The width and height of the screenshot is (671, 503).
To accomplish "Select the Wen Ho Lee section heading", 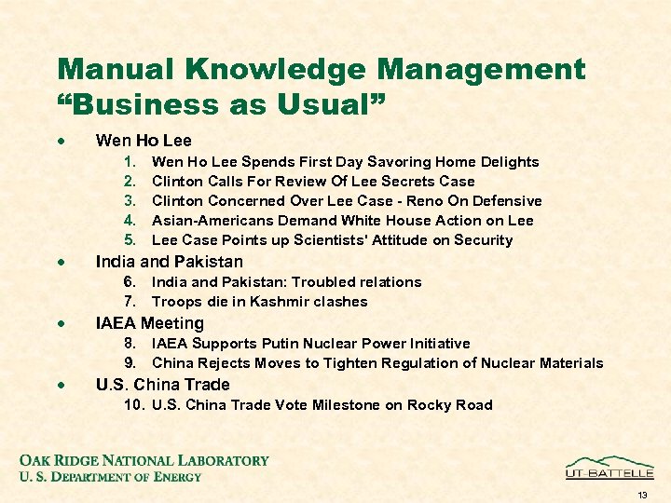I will coord(144,141).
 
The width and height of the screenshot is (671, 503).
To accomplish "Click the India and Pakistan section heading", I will coord(169,262).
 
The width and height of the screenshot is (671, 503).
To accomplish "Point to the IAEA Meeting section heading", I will coord(149,323).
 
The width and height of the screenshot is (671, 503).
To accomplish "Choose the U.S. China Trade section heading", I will coord(162,385).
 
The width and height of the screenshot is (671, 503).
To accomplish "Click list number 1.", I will coord(130,162).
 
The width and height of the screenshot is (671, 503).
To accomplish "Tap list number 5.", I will coord(130,240).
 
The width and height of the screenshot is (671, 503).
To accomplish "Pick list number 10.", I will coord(133,405).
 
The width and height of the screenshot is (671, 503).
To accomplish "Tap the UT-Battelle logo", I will coord(609,468).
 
